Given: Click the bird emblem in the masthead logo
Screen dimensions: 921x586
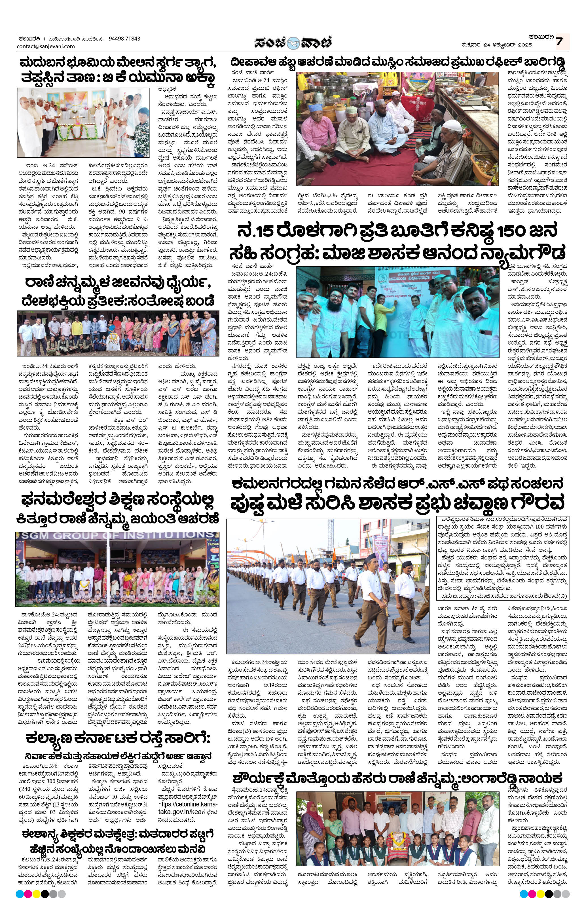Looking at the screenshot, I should point(294,42).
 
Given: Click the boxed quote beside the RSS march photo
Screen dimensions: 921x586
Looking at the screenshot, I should point(502,558).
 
